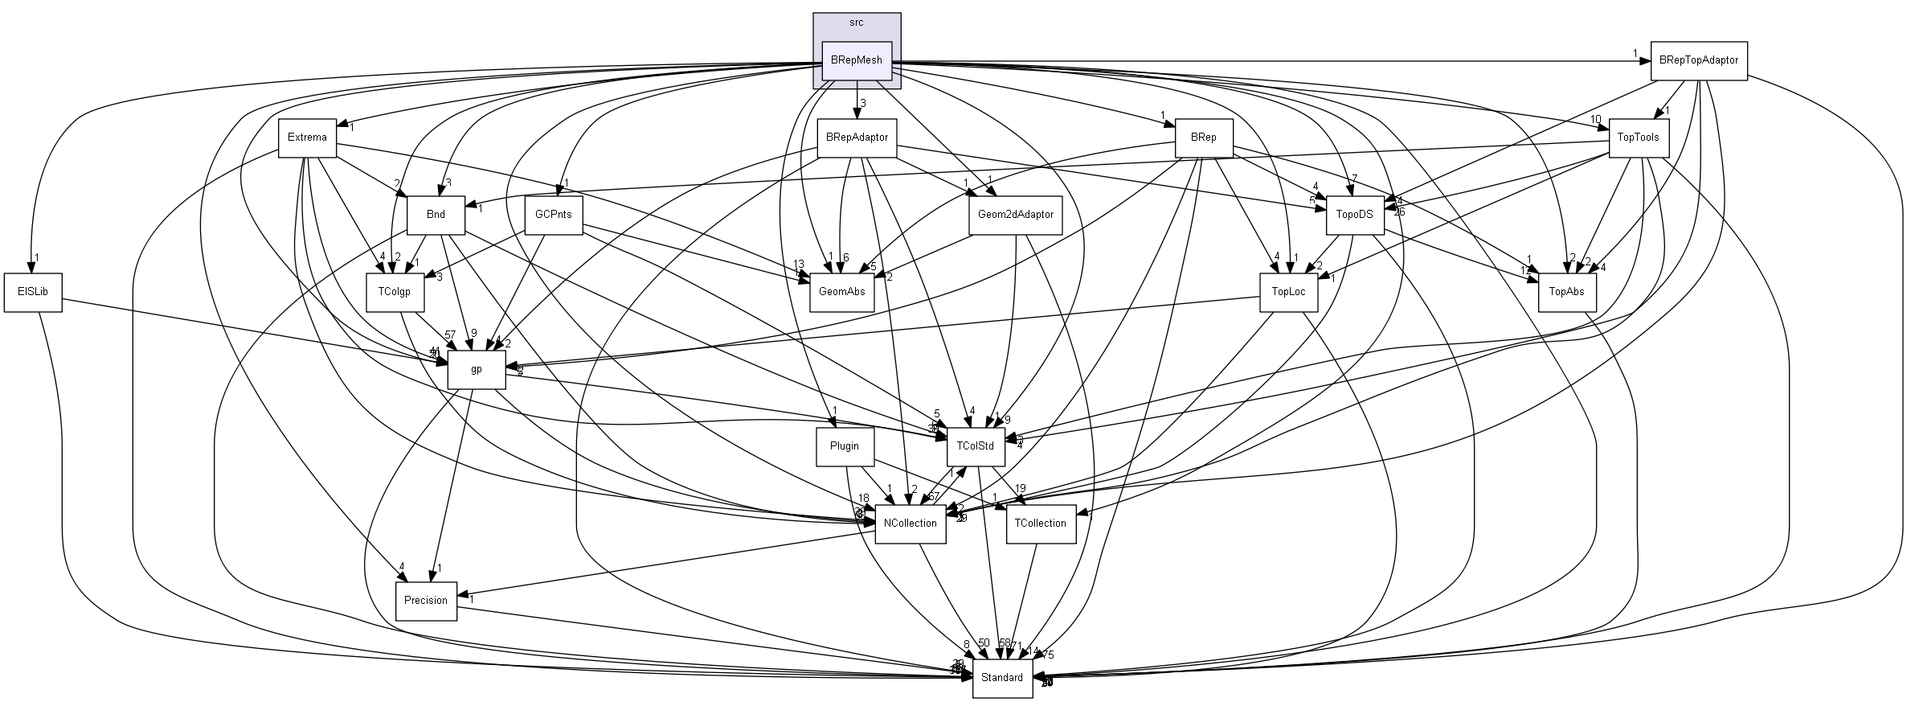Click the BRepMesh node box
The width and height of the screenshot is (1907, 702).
pyautogui.click(x=857, y=60)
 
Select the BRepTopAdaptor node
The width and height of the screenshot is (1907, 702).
pyautogui.click(x=1699, y=60)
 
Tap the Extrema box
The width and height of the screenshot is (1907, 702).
pyautogui.click(x=307, y=138)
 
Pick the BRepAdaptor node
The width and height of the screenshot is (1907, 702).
pyautogui.click(x=857, y=138)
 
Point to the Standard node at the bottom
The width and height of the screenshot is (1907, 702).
pyautogui.click(x=1002, y=678)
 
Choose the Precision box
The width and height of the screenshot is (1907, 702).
pyautogui.click(x=426, y=601)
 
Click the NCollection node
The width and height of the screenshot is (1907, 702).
pyautogui.click(x=911, y=523)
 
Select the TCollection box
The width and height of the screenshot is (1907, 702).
pyautogui.click(x=1041, y=523)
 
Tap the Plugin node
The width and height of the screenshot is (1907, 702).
pyautogui.click(x=844, y=446)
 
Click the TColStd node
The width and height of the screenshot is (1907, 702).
pyautogui.click(x=976, y=446)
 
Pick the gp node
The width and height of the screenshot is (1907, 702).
pyautogui.click(x=477, y=370)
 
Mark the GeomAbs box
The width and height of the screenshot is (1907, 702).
pyautogui.click(x=841, y=292)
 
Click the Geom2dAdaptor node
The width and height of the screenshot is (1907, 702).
pyautogui.click(x=1016, y=215)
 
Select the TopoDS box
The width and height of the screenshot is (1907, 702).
pyautogui.click(x=1355, y=215)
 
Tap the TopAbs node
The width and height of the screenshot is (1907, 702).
pyautogui.click(x=1567, y=292)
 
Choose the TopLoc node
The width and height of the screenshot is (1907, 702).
pyautogui.click(x=1288, y=292)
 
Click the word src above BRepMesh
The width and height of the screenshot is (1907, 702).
pyautogui.click(x=857, y=23)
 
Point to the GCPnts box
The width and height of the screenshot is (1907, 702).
pyautogui.click(x=554, y=215)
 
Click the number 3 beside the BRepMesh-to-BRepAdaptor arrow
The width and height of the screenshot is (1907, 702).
pyautogui.click(x=863, y=104)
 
